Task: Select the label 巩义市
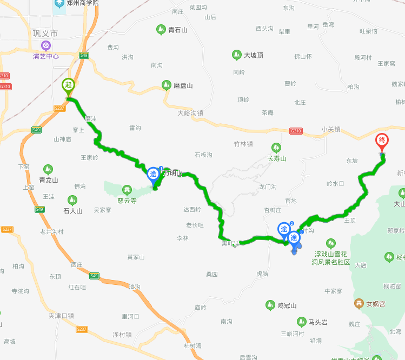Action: pyautogui.click(x=45, y=34)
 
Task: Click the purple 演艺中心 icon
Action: pyautogui.click(x=45, y=45)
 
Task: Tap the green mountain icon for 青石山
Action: pyautogui.click(x=161, y=29)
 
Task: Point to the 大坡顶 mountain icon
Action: pyautogui.click(x=236, y=55)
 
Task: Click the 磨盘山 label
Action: pyautogui.click(x=183, y=85)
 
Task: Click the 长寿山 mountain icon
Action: pyautogui.click(x=276, y=148)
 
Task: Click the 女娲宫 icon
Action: pyautogui.click(x=358, y=303)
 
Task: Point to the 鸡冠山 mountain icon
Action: pyautogui.click(x=270, y=305)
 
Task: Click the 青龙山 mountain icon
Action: pyautogui.click(x=48, y=169)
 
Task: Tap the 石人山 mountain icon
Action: pyautogui.click(x=72, y=200)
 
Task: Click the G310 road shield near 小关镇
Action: pyautogui.click(x=296, y=131)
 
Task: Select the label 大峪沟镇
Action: pyautogui.click(x=190, y=113)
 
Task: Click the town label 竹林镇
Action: pyautogui.click(x=243, y=143)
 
